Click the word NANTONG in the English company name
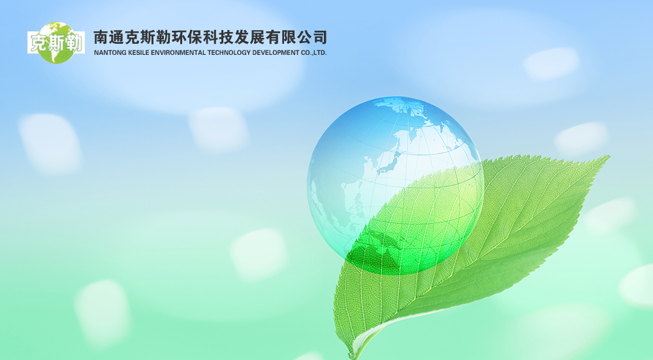108,53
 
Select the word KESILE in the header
136,53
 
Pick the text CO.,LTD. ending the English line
315,53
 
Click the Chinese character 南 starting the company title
102,37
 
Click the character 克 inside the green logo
38,43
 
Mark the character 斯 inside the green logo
56,43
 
